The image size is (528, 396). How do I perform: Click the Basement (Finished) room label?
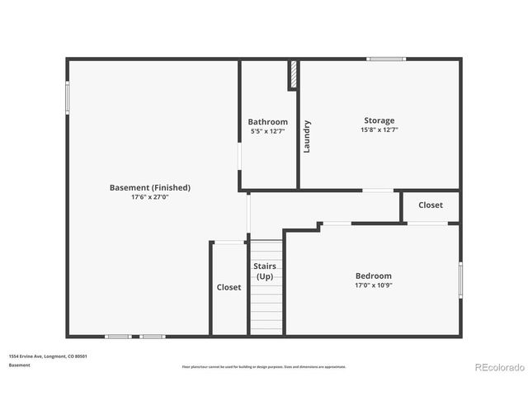pyautogui.click(x=150, y=187)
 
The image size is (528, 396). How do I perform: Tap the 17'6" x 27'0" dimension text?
pyautogui.click(x=150, y=197)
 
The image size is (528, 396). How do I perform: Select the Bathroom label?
pyautogui.click(x=268, y=122)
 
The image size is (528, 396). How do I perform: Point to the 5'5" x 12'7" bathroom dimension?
pyautogui.click(x=268, y=130)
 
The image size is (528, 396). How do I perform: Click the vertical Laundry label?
pyautogui.click(x=307, y=137)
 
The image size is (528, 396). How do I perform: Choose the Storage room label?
pyautogui.click(x=379, y=120)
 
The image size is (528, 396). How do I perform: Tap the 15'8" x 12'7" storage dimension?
pyautogui.click(x=379, y=130)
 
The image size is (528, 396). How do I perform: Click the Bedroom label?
pyautogui.click(x=374, y=276)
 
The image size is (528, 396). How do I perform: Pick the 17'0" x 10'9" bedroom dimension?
pyautogui.click(x=374, y=285)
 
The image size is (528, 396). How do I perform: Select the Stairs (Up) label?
pyautogui.click(x=265, y=271)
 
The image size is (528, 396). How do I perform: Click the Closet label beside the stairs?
pyautogui.click(x=229, y=287)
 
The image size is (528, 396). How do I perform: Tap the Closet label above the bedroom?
pyautogui.click(x=431, y=205)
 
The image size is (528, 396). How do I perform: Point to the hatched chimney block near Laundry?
pyautogui.click(x=292, y=74)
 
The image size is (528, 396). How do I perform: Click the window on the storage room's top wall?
pyautogui.click(x=386, y=59)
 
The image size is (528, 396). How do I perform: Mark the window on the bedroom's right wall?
pyautogui.click(x=460, y=279)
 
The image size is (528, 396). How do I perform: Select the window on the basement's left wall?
pyautogui.click(x=68, y=98)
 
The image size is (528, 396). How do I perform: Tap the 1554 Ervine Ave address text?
pyautogui.click(x=49, y=356)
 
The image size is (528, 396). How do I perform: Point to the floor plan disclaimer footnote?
pyautogui.click(x=264, y=366)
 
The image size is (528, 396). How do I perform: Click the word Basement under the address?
pyautogui.click(x=21, y=365)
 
